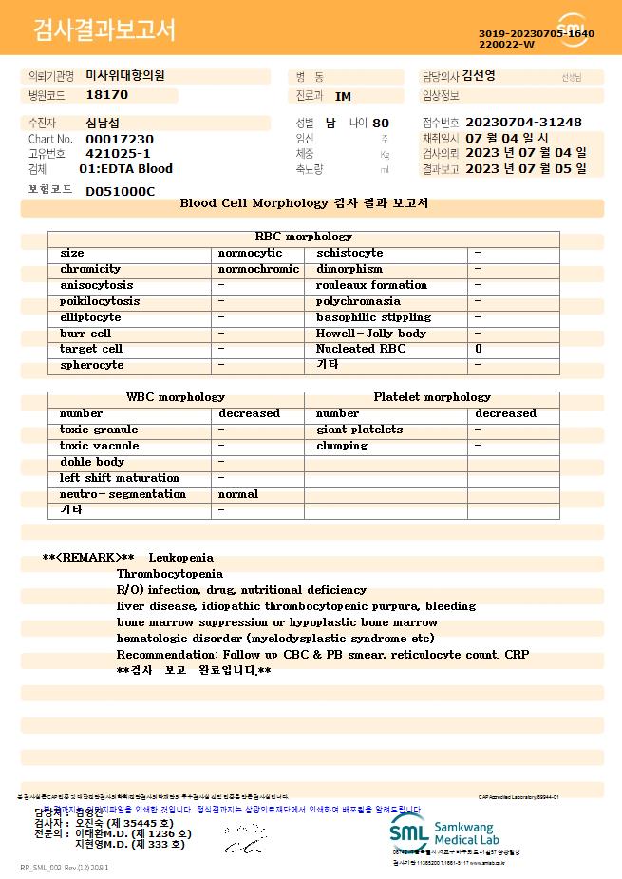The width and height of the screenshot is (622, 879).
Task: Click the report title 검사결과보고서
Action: (104, 30)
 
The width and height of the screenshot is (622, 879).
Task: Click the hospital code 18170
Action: (106, 95)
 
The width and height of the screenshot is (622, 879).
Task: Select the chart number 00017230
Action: (119, 139)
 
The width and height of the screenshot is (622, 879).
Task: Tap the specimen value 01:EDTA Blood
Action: (125, 169)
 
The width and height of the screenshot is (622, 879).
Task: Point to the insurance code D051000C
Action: (120, 191)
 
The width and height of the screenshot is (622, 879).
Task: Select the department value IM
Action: (343, 96)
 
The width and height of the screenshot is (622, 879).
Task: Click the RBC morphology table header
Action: (304, 237)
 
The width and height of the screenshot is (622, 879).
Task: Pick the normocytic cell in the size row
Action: (250, 253)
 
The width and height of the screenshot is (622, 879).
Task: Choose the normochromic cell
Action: (258, 269)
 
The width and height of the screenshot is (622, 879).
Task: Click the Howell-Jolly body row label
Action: (371, 334)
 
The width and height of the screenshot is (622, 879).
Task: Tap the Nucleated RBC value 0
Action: (478, 349)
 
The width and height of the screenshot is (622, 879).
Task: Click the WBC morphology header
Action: (176, 397)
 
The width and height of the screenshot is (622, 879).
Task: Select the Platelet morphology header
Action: (432, 397)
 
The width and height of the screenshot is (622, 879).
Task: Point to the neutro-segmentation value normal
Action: (237, 494)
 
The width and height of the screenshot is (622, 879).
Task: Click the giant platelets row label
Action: (359, 430)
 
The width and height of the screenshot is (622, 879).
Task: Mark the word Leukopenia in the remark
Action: (180, 558)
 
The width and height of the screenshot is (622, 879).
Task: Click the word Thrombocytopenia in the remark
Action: (169, 574)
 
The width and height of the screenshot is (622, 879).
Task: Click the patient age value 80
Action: (381, 123)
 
